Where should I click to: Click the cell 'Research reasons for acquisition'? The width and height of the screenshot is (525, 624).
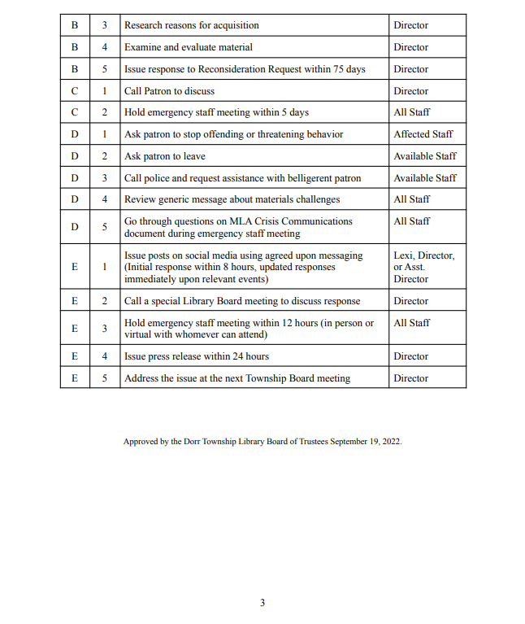click(x=191, y=25)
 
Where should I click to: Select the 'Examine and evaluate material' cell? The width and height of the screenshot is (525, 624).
click(x=188, y=47)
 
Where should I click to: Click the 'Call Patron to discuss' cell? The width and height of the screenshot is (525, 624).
click(x=169, y=91)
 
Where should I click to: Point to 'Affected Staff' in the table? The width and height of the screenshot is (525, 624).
click(x=423, y=134)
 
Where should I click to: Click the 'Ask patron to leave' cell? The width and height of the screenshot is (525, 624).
click(x=164, y=156)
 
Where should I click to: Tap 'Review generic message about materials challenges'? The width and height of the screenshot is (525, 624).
click(x=232, y=199)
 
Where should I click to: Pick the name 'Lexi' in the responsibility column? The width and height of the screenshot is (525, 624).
click(x=404, y=255)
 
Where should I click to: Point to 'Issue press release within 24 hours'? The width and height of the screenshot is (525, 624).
click(x=196, y=356)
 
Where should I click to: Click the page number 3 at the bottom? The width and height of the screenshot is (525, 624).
click(x=262, y=603)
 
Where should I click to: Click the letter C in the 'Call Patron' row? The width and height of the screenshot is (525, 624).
click(x=74, y=91)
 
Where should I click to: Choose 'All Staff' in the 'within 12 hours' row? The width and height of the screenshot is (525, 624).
click(x=411, y=323)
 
